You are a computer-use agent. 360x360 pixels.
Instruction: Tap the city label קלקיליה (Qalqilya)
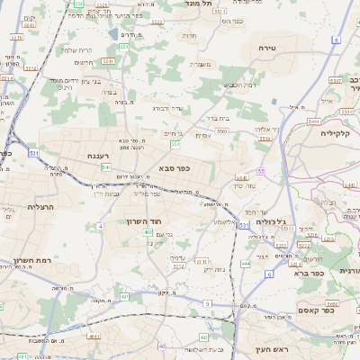(x=338, y=133)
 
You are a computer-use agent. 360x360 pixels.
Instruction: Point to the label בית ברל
(x=220, y=117)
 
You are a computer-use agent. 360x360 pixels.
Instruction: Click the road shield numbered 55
(x=261, y=170)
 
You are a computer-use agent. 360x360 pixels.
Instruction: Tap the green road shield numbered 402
(x=147, y=232)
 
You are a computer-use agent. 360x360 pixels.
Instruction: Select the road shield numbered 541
(x=106, y=166)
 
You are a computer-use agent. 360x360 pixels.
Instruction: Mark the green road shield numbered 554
(x=175, y=144)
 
